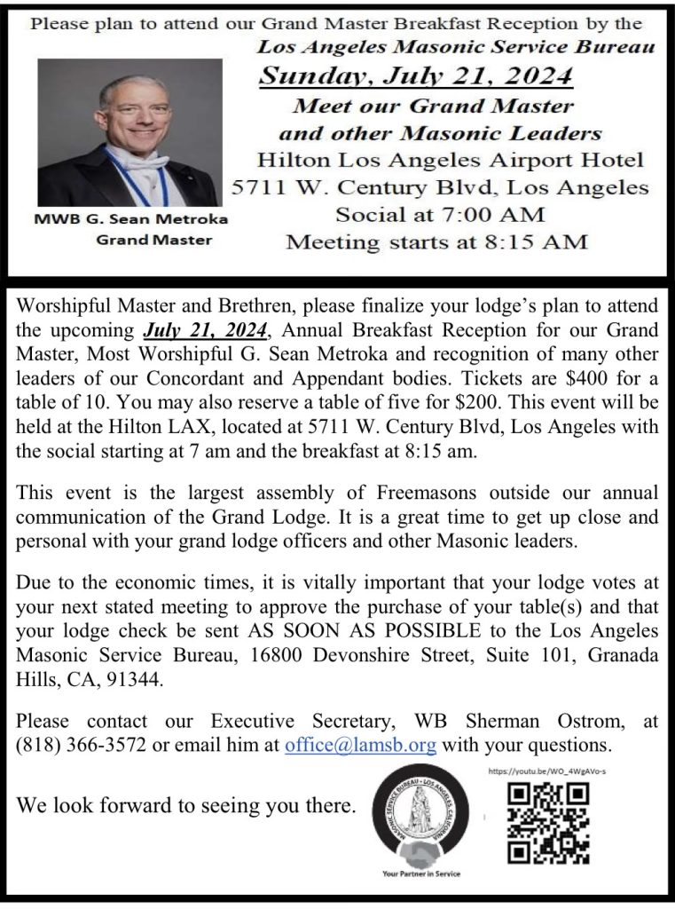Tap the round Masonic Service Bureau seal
[x=422, y=815]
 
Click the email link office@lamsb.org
[x=362, y=745]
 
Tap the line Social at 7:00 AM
[x=440, y=214]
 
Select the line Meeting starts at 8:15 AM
[x=436, y=241]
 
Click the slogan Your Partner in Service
[x=421, y=873]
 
